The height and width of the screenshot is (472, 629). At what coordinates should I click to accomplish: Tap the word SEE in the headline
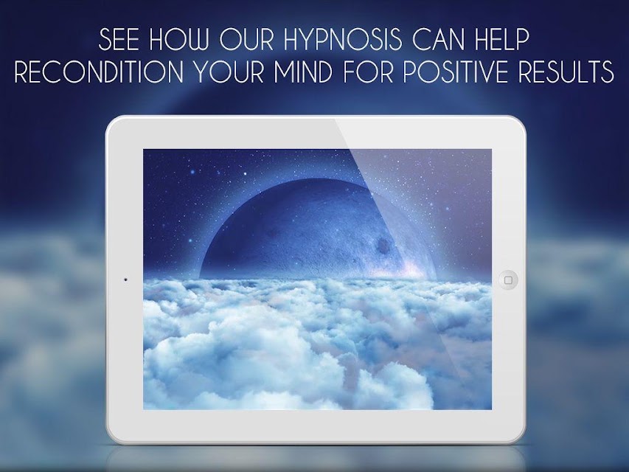(119, 39)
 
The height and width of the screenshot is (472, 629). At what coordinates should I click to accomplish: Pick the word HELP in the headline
(503, 39)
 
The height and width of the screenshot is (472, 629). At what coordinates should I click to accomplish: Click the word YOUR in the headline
(229, 72)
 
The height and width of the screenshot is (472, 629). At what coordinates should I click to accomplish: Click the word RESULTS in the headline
(566, 72)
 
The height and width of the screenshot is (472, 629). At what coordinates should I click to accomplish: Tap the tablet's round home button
(508, 280)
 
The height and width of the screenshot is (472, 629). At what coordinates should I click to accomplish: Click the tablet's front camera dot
(125, 280)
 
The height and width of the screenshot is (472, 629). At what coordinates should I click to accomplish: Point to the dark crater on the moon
(383, 246)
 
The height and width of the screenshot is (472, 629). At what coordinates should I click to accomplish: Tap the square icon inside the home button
(508, 280)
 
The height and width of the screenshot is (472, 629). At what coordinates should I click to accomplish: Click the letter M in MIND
(286, 72)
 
